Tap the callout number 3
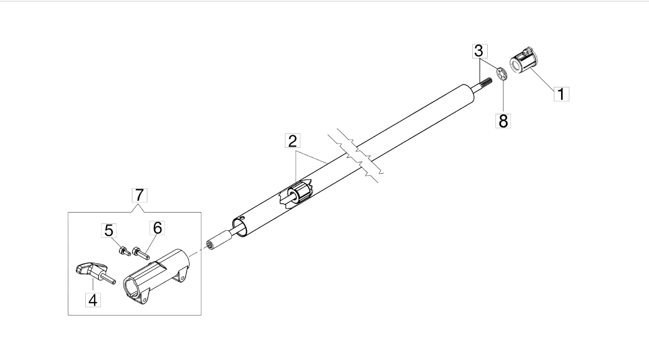[479, 51]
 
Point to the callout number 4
[93, 299]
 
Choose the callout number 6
[158, 228]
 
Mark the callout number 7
[139, 196]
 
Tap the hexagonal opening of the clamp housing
[132, 288]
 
